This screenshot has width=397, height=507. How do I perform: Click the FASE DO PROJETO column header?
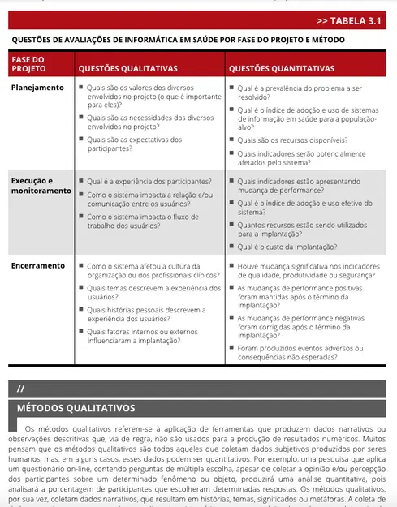coord(28,64)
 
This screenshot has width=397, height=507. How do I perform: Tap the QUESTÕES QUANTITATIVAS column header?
coord(280,69)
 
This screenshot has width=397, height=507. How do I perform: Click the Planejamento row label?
coord(37,88)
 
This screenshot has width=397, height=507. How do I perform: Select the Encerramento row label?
coord(38,265)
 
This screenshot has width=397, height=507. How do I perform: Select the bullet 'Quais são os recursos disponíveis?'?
coord(292,140)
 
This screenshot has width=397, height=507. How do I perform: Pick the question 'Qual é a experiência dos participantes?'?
coord(149,181)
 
